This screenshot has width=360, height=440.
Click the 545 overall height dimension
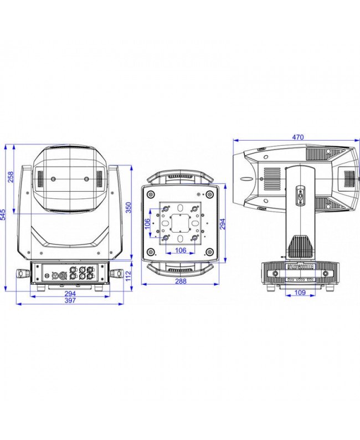(x=3, y=214)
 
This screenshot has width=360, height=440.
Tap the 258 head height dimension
(x=11, y=177)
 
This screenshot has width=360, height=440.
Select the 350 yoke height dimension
(x=128, y=207)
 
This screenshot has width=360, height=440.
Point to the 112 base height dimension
(x=128, y=276)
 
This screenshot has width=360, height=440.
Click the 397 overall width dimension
(x=70, y=300)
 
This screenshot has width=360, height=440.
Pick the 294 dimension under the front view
(x=70, y=294)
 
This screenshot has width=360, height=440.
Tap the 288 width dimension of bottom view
(x=181, y=281)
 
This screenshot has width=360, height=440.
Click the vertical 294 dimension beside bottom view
(x=222, y=224)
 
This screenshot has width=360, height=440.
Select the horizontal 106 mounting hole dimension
(x=181, y=250)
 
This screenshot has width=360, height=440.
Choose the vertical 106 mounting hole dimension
(x=147, y=224)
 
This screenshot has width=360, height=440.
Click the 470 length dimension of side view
(x=298, y=137)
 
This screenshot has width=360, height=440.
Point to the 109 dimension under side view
(x=300, y=293)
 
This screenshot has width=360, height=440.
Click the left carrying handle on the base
(x=24, y=273)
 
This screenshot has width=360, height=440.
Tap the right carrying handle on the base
(x=117, y=273)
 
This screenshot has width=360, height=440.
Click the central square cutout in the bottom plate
(x=181, y=223)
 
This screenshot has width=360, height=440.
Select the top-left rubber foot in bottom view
(x=151, y=194)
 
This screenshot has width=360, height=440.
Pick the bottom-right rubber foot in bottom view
(x=210, y=252)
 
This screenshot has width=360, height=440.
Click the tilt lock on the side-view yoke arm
(x=300, y=195)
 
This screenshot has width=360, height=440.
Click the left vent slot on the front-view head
(x=40, y=179)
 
